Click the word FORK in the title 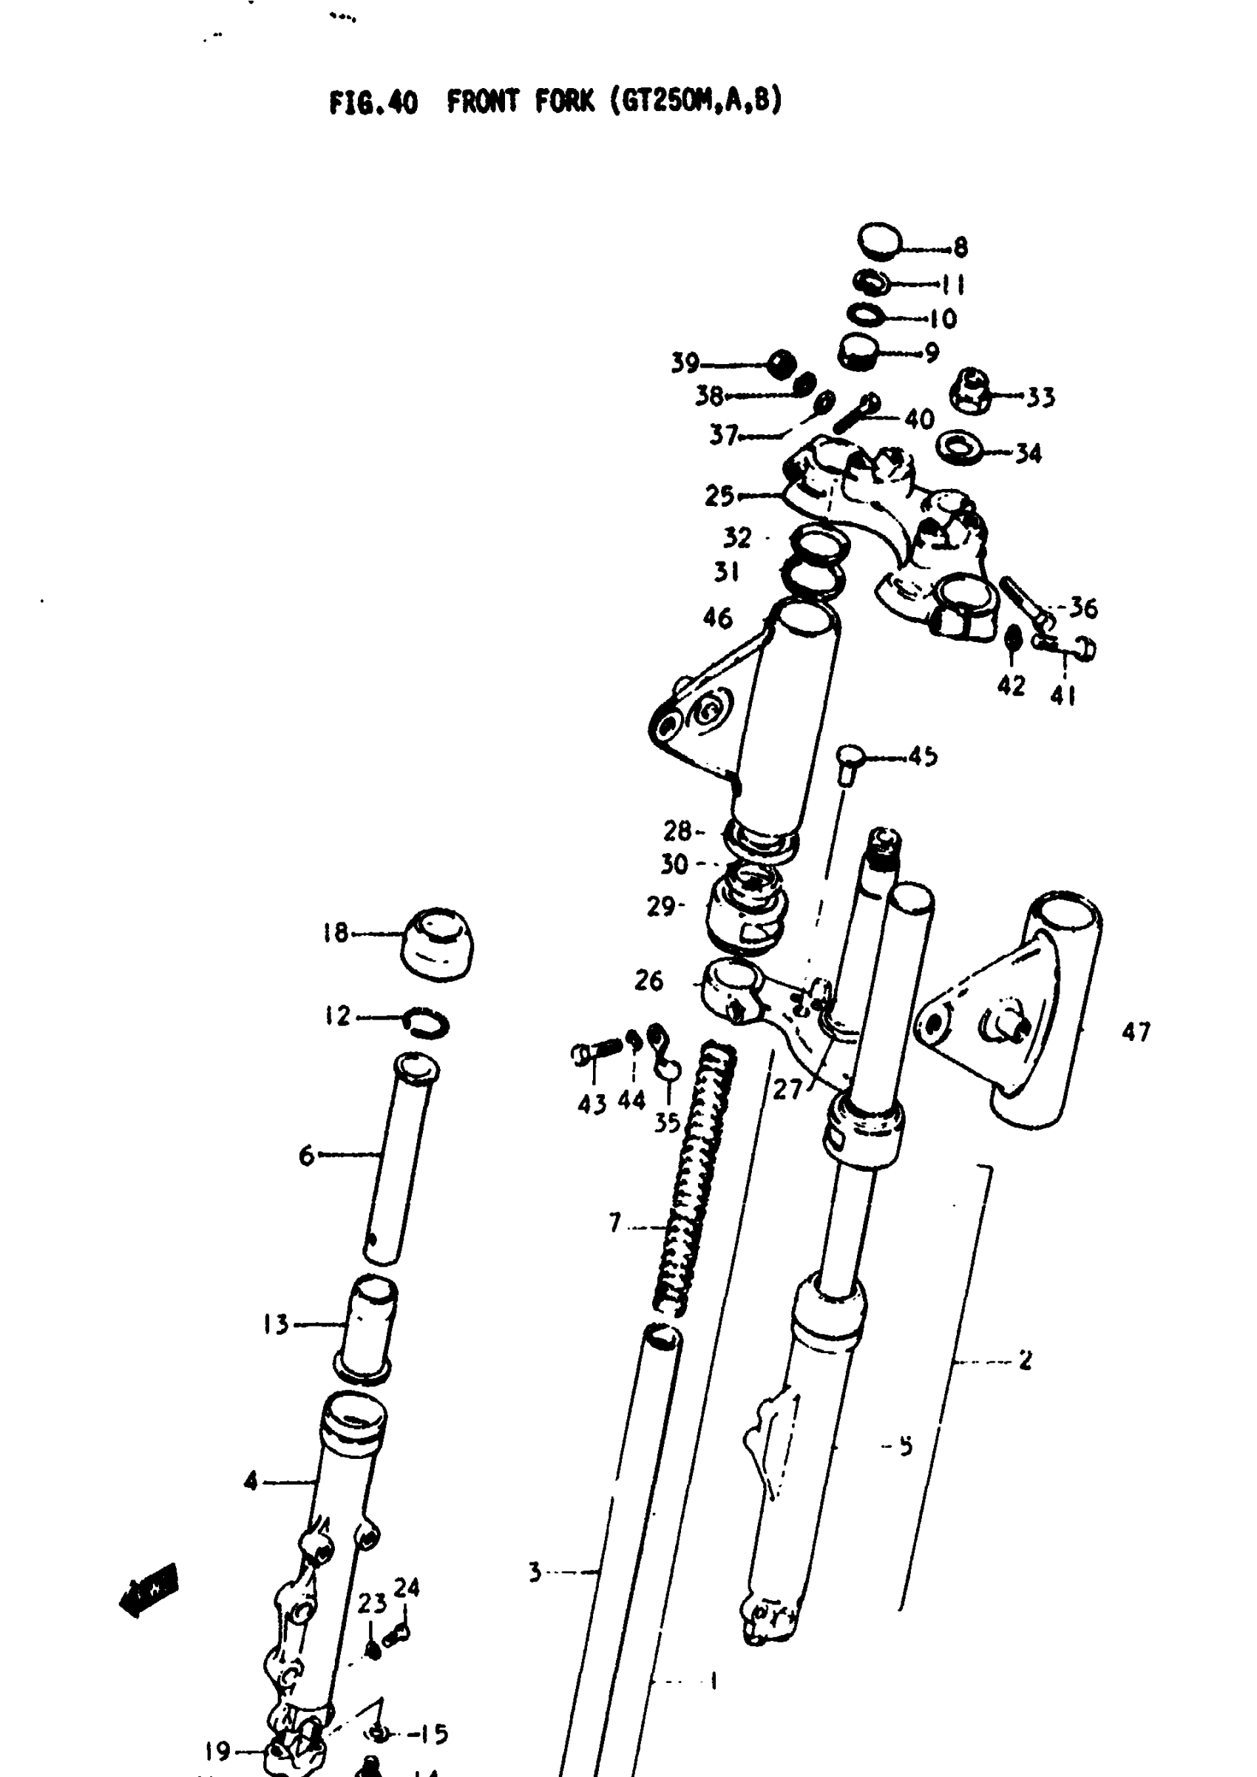point(563,102)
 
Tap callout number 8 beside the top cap point(960,248)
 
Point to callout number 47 point(1136,1031)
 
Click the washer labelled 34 point(960,448)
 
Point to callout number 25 point(719,496)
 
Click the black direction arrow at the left point(149,1591)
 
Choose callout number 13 point(276,1325)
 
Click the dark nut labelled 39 point(782,363)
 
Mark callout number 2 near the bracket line point(1025,1360)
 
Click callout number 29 point(660,907)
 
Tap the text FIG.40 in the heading point(373,102)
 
